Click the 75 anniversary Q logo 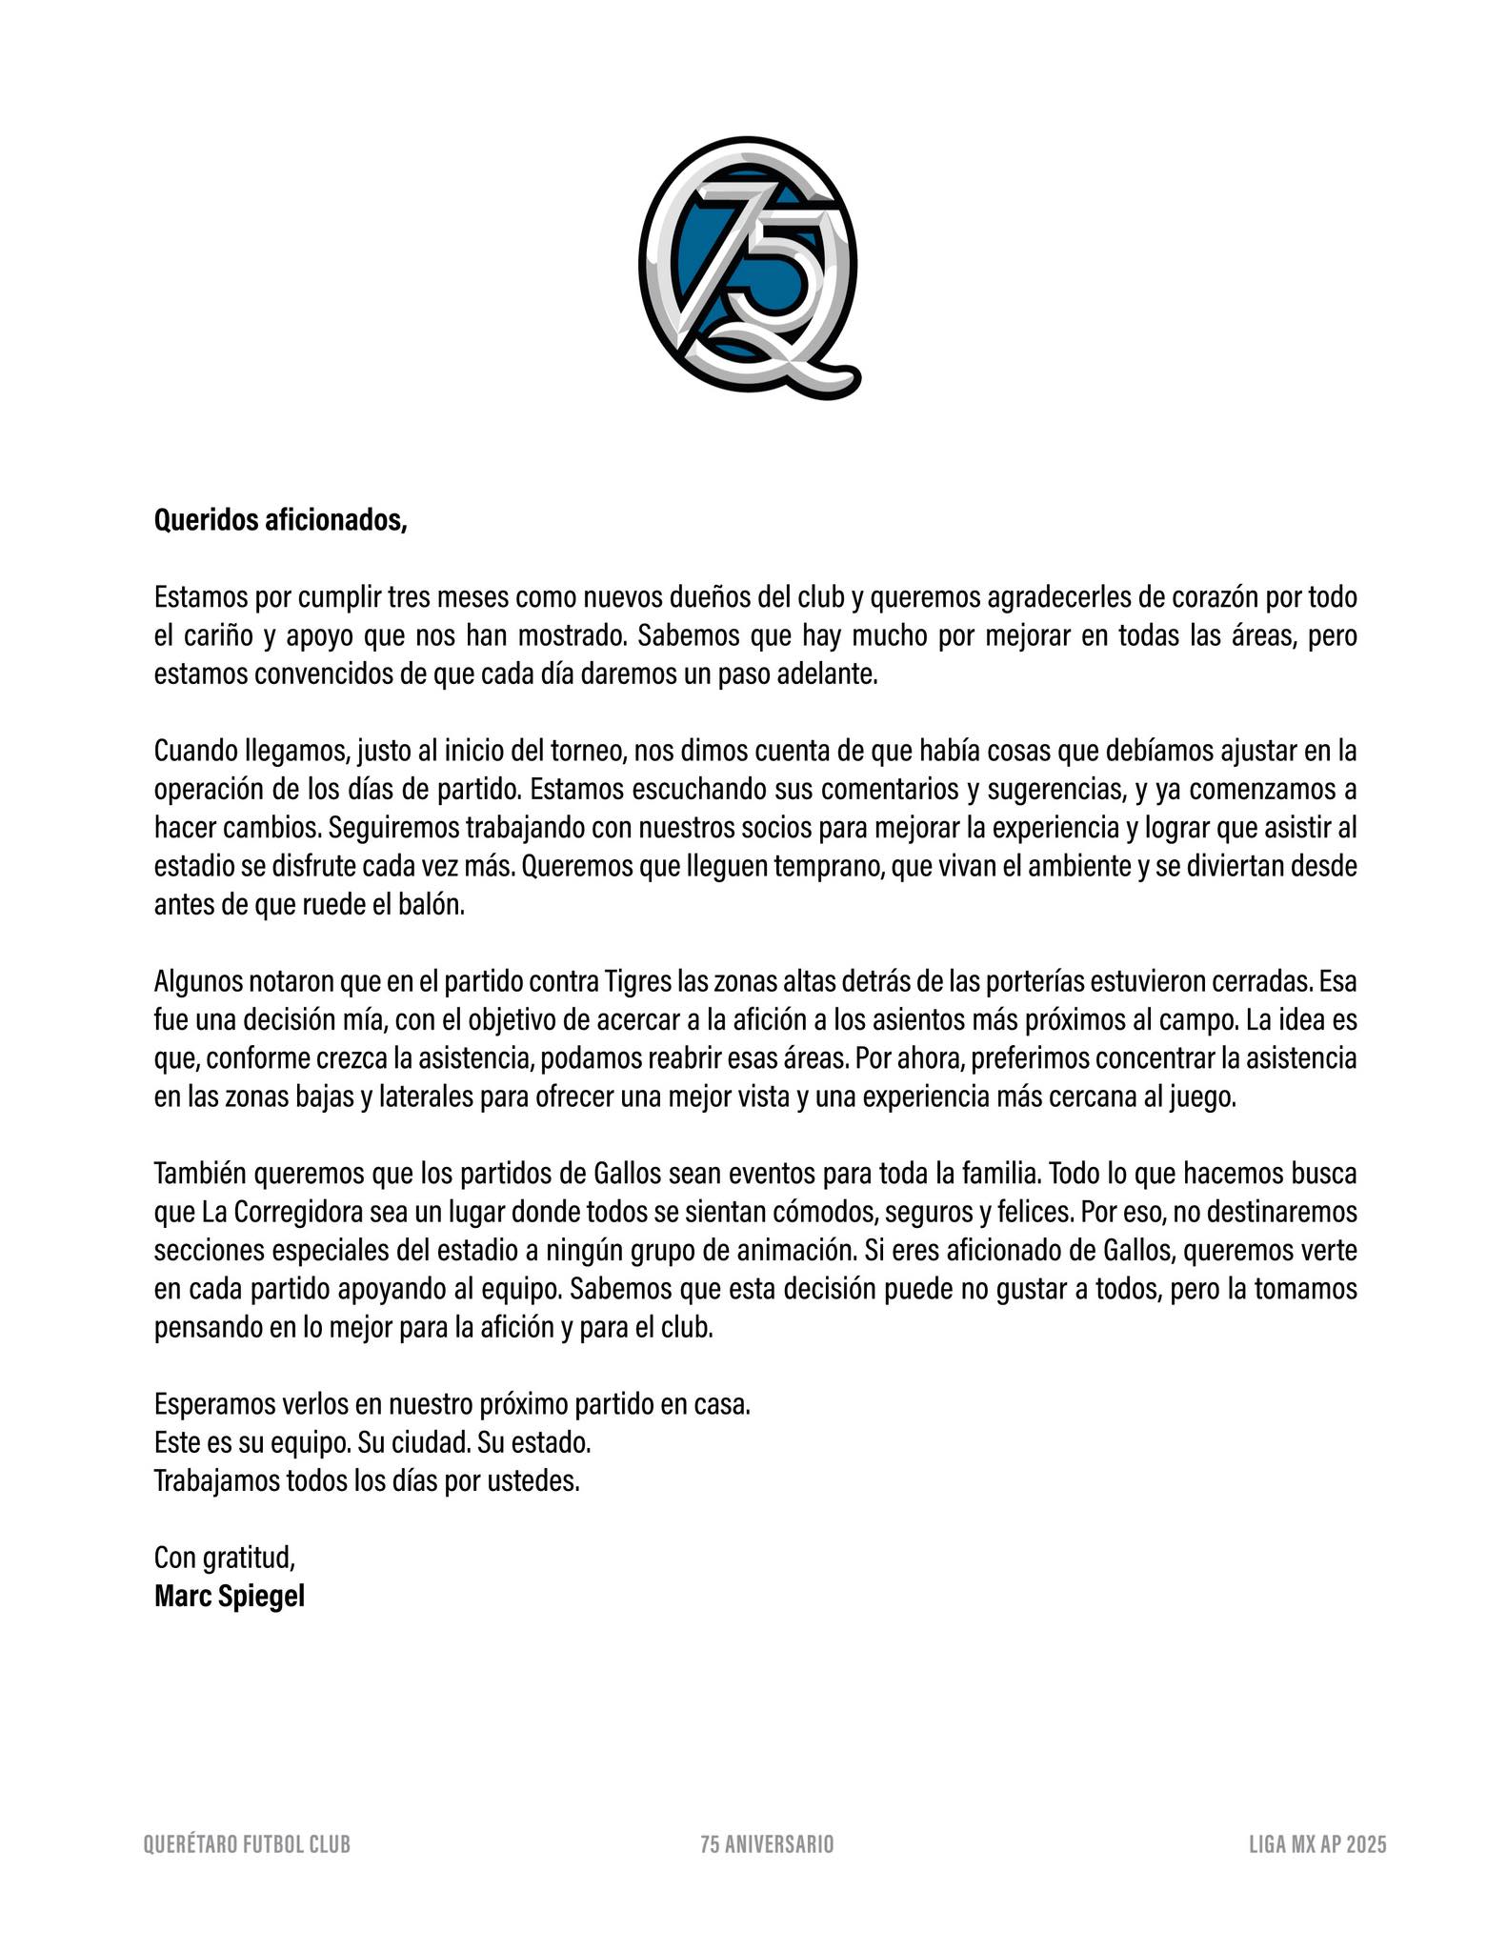pos(749,267)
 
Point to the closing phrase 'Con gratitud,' pos(225,1558)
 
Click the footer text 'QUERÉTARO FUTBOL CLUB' pos(247,1844)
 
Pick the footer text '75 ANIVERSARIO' pos(767,1844)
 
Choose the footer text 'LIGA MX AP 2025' pos(1317,1844)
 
